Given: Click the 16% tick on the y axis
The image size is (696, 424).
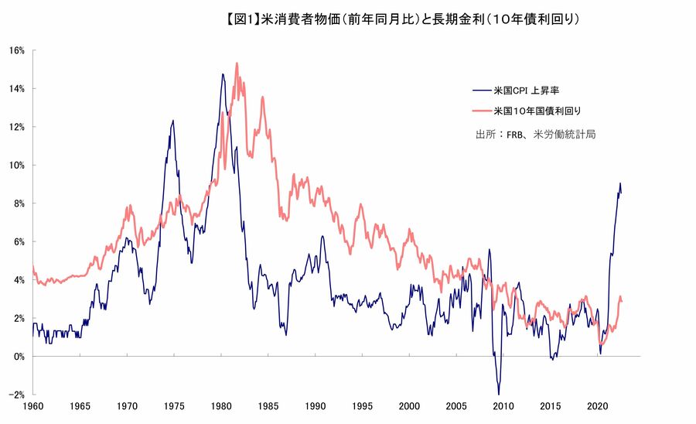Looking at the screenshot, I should tap(17, 50).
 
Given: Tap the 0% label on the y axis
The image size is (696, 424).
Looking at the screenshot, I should tap(19, 357).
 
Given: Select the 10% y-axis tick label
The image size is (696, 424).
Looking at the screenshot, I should tap(17, 166).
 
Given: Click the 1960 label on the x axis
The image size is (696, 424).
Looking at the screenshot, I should tap(33, 406).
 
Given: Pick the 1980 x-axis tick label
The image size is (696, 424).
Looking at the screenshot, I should tap(221, 406).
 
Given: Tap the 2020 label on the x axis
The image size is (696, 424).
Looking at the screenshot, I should tap(597, 406).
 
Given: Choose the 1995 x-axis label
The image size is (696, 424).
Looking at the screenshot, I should tap(362, 406).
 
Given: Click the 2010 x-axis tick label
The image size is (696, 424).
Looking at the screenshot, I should tap(503, 406).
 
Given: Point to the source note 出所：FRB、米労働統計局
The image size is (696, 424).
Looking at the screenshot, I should tap(535, 134).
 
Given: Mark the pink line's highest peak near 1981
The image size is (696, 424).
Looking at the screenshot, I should tap(237, 63).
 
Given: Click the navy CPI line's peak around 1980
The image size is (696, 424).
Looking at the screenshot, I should tap(223, 74).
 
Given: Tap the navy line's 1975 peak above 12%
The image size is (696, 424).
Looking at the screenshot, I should tap(172, 121).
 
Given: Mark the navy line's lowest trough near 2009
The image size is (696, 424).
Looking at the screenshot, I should tap(499, 394).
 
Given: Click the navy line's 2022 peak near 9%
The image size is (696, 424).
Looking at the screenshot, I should tap(619, 183).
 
